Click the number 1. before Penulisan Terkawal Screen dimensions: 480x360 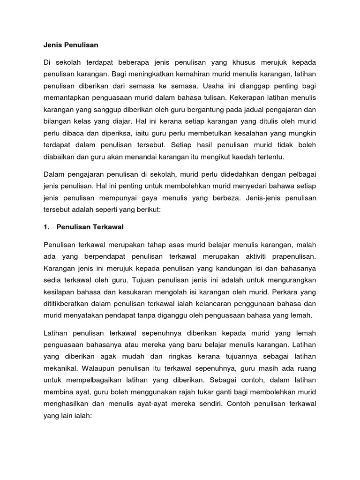[46, 227]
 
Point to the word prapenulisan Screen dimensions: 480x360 [294, 256]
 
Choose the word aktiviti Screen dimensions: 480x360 [248, 256]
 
